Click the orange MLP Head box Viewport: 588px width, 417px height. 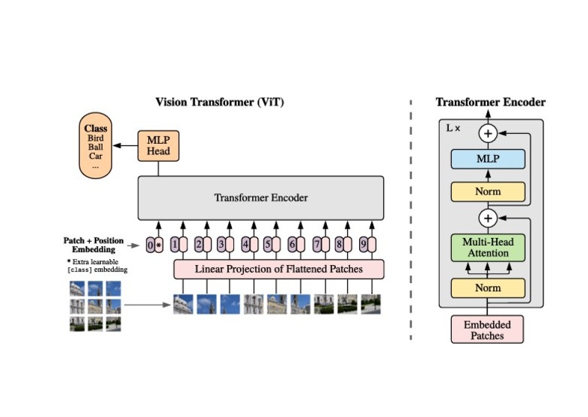tap(158, 145)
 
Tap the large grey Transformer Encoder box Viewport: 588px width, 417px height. tap(260, 198)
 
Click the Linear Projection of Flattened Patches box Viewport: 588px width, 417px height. tap(278, 269)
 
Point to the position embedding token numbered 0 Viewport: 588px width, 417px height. tap(150, 244)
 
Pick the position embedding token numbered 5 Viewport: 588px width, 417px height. tap(269, 244)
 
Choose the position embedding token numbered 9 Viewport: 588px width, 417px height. tap(363, 244)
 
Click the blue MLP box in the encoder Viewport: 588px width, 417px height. tap(488, 159)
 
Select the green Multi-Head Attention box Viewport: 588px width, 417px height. tap(488, 247)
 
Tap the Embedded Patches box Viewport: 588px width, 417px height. tap(488, 329)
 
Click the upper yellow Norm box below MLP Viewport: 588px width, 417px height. tap(488, 192)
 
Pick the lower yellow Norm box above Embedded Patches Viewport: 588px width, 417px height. tap(488, 287)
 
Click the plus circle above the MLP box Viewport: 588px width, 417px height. tap(488, 133)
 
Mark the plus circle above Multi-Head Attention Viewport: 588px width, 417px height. tap(488, 219)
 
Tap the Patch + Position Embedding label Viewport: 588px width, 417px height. tap(93, 245)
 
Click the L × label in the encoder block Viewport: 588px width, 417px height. tap(453, 129)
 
